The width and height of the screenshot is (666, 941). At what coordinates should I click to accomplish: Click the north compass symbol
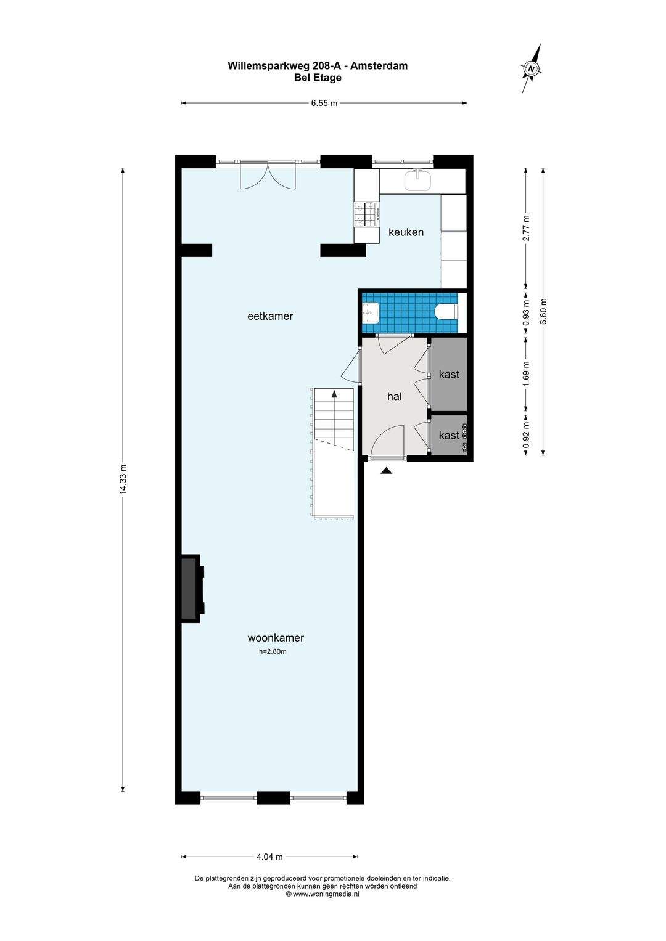coord(532,68)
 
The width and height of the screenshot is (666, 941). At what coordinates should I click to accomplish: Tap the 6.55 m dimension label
coord(324,104)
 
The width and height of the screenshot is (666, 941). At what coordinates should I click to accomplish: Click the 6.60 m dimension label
coord(544,311)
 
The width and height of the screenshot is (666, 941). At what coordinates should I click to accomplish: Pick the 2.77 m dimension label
coord(525,227)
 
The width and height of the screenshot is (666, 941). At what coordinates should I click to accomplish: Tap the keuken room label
coord(406,232)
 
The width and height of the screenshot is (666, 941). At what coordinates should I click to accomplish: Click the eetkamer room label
coord(270,316)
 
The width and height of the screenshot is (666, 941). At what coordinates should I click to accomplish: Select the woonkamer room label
coord(276,638)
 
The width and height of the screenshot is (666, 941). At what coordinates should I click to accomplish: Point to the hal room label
coord(395,396)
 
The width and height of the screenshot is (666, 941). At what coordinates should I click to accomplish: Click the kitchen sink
coord(417,180)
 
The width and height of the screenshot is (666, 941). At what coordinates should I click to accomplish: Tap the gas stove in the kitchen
coord(368,214)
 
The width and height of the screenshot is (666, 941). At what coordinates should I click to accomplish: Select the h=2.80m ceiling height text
coord(273,652)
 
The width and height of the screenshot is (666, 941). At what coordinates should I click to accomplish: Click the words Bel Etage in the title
coord(318,78)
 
